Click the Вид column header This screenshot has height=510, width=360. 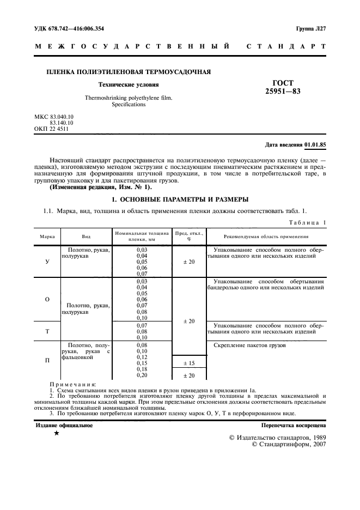click(86, 236)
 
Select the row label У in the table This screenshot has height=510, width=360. click(47, 262)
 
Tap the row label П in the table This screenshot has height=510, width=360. click(47, 360)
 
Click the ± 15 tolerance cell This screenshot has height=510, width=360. click(188, 363)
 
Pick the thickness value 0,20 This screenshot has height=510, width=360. click(142, 375)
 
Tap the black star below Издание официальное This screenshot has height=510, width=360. click(56, 433)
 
